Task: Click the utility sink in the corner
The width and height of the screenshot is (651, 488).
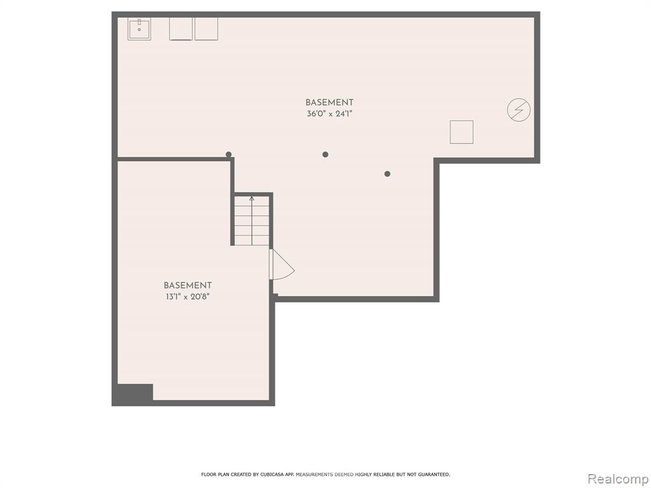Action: pyautogui.click(x=139, y=29)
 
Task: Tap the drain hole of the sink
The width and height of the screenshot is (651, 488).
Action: pyautogui.click(x=139, y=29)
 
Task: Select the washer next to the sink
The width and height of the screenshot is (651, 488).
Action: pyautogui.click(x=181, y=29)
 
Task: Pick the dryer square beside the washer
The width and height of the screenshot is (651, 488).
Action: pyautogui.click(x=207, y=29)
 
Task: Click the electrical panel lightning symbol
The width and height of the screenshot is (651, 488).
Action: pyautogui.click(x=519, y=110)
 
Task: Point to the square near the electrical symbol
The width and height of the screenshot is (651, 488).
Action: pyautogui.click(x=462, y=132)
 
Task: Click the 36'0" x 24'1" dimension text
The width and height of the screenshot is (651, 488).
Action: pyautogui.click(x=330, y=114)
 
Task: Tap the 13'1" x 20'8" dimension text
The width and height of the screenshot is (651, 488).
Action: pyautogui.click(x=187, y=297)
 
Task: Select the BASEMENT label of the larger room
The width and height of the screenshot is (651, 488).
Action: pyautogui.click(x=330, y=102)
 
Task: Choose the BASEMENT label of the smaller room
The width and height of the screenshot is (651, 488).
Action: pyautogui.click(x=188, y=285)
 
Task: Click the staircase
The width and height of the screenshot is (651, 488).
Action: pyautogui.click(x=252, y=220)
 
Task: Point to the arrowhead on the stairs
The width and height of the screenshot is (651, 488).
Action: pyautogui.click(x=252, y=198)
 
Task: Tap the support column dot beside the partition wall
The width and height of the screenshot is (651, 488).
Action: pyautogui.click(x=228, y=154)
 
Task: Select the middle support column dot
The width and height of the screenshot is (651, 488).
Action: pyautogui.click(x=325, y=154)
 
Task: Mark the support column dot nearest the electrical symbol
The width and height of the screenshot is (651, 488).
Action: pyautogui.click(x=387, y=174)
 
